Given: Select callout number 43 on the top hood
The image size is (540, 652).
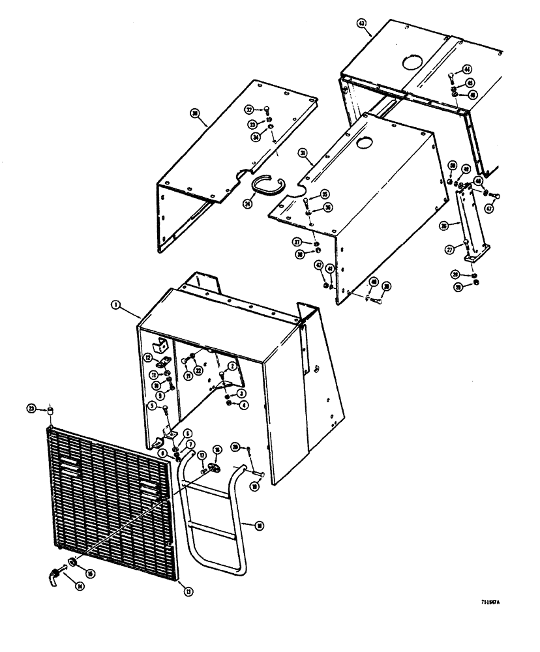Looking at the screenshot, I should click(362, 23).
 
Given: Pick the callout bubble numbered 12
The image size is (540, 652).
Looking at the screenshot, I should click(148, 357).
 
